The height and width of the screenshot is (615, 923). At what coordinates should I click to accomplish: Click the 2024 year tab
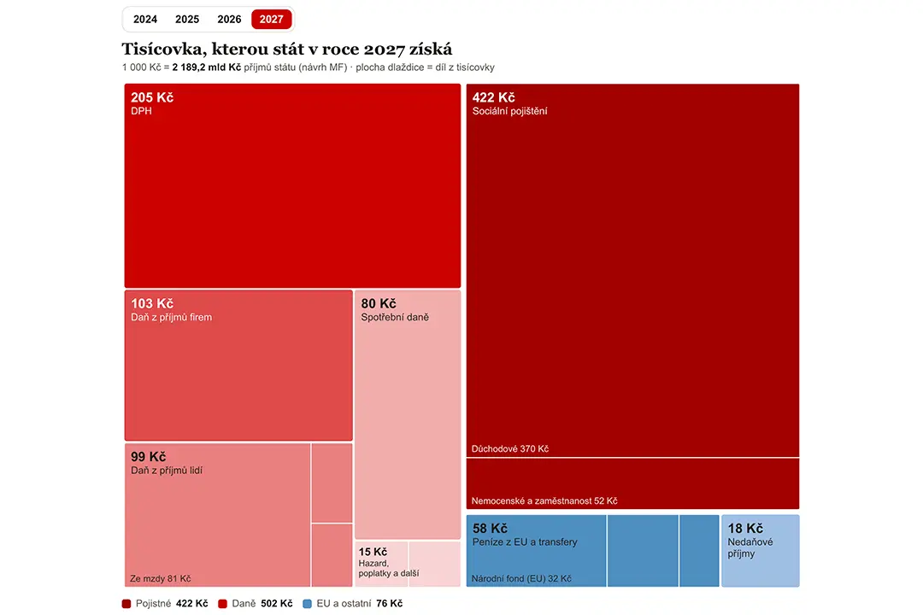[144, 20]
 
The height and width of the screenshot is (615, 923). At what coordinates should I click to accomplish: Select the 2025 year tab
[187, 20]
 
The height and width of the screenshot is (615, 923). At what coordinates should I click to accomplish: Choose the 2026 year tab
[229, 20]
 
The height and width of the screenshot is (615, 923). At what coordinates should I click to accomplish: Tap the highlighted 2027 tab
[272, 20]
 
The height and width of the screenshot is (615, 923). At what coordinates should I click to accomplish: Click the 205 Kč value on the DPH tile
[152, 97]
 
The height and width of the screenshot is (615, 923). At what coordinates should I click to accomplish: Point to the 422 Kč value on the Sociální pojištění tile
[493, 97]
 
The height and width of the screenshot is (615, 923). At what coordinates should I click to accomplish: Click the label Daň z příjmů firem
[171, 317]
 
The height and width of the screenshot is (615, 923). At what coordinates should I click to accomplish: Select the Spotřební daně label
[395, 317]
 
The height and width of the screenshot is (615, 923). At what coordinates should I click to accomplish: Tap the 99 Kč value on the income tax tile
[149, 457]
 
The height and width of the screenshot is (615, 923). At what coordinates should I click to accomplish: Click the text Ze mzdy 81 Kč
[160, 578]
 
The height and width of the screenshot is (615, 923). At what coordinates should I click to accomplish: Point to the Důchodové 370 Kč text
[509, 449]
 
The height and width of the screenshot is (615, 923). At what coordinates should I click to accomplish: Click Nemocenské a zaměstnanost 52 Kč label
[544, 501]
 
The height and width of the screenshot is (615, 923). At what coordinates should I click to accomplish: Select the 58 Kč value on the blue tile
[490, 529]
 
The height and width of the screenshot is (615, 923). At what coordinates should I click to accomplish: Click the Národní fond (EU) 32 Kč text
[521, 578]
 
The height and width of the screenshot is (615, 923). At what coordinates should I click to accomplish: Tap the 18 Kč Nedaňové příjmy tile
[761, 551]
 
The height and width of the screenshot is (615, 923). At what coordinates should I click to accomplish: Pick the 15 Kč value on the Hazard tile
[373, 552]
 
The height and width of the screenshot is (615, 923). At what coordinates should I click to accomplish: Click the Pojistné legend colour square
[126, 604]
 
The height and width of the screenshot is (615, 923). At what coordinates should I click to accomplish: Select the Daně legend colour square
[222, 604]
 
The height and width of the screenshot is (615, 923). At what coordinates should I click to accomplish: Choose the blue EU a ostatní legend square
[307, 604]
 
